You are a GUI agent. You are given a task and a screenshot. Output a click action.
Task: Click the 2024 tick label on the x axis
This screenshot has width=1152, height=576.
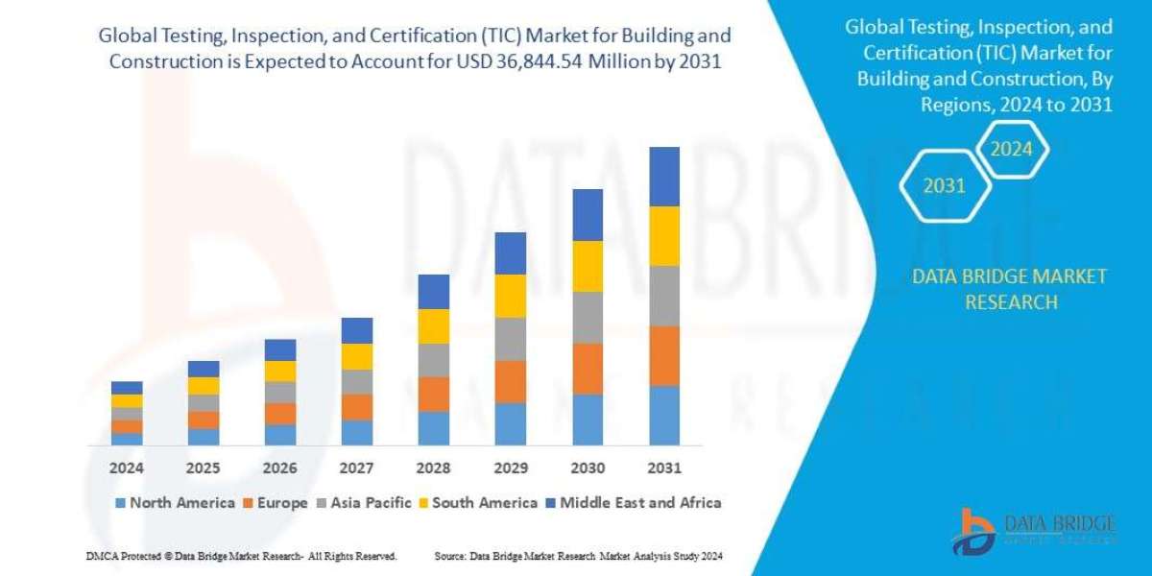click(x=127, y=468)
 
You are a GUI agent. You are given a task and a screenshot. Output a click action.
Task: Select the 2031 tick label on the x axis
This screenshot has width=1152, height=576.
click(x=664, y=468)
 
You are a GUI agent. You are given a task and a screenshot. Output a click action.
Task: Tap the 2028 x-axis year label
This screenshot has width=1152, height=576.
click(x=434, y=468)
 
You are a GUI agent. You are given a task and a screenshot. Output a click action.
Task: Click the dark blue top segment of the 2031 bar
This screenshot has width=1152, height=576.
click(x=664, y=177)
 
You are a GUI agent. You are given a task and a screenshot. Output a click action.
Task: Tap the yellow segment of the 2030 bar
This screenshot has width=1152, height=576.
click(x=588, y=266)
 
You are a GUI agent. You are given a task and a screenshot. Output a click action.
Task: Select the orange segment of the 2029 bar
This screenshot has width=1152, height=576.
click(x=511, y=381)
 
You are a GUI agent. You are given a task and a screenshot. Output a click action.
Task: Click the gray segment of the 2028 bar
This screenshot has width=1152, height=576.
click(x=434, y=360)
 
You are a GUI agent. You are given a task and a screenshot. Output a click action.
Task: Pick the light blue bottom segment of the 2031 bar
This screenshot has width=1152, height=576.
click(x=664, y=415)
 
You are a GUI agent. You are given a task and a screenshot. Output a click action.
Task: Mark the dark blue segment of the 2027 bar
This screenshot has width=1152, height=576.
click(x=357, y=330)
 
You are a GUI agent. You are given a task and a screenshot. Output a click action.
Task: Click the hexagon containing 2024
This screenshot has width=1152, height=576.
click(x=1011, y=150)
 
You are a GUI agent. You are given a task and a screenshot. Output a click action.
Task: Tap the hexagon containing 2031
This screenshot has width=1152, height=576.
click(x=945, y=186)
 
